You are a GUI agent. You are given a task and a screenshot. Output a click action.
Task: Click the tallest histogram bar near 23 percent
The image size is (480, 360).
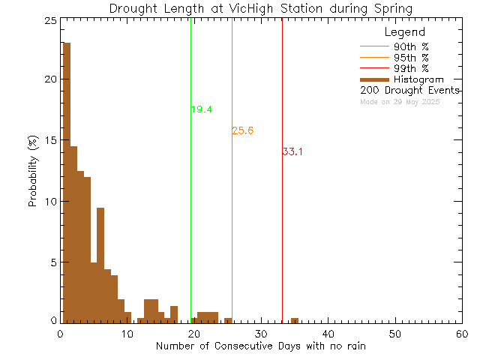point(67,180)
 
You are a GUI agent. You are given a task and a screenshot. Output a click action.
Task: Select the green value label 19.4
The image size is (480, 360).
point(202,109)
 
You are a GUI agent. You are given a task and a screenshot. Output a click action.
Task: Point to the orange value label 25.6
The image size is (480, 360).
point(243,130)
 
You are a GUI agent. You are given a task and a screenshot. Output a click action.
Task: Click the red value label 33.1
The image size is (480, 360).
point(292,151)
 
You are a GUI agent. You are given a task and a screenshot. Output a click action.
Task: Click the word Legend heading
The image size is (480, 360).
point(404,32)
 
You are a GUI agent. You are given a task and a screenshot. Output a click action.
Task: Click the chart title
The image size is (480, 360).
point(260,8)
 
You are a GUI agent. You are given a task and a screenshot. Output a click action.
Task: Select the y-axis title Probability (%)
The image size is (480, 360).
point(34,172)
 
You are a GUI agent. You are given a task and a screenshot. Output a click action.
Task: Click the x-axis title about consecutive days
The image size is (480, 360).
point(260,346)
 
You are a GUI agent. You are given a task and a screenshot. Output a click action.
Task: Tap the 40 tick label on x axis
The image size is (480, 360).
point(328,332)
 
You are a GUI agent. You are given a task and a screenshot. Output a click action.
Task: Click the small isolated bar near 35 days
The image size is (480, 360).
point(295,320)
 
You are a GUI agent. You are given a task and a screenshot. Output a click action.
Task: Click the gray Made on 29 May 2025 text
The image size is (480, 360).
point(400,101)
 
